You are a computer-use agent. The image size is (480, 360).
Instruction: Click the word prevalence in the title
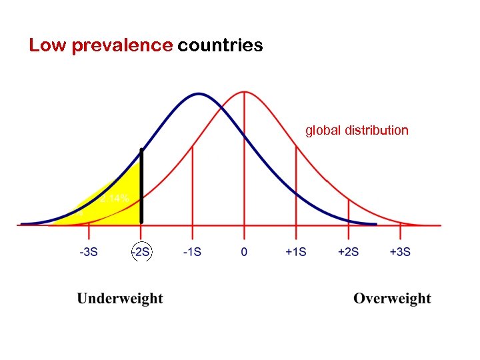pyautogui.click(x=121, y=46)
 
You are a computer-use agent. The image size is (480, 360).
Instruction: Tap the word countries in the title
pyautogui.click(x=220, y=45)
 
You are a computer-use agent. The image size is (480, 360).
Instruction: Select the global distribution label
pyautogui.click(x=357, y=130)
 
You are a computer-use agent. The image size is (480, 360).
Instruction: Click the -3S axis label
pyautogui.click(x=89, y=252)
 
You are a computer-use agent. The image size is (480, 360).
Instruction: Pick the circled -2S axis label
pyautogui.click(x=141, y=252)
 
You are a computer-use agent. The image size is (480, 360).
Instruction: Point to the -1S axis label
pyautogui.click(x=193, y=252)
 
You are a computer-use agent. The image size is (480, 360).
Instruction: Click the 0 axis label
pyautogui.click(x=244, y=252)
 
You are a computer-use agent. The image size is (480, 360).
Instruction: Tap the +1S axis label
pyautogui.click(x=296, y=252)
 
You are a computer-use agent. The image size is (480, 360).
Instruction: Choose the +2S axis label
pyautogui.click(x=348, y=252)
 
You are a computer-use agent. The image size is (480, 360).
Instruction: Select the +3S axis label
pyautogui.click(x=399, y=252)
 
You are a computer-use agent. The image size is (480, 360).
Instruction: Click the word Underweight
pyautogui.click(x=120, y=299)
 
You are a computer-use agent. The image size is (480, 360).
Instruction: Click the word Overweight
pyautogui.click(x=392, y=299)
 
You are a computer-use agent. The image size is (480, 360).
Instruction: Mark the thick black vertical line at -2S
pyautogui.click(x=141, y=187)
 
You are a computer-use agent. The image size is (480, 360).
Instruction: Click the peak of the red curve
pyautogui.click(x=245, y=91)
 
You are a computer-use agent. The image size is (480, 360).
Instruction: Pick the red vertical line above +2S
pyautogui.click(x=348, y=212)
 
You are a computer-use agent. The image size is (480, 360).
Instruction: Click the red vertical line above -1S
pyautogui.click(x=193, y=187)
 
